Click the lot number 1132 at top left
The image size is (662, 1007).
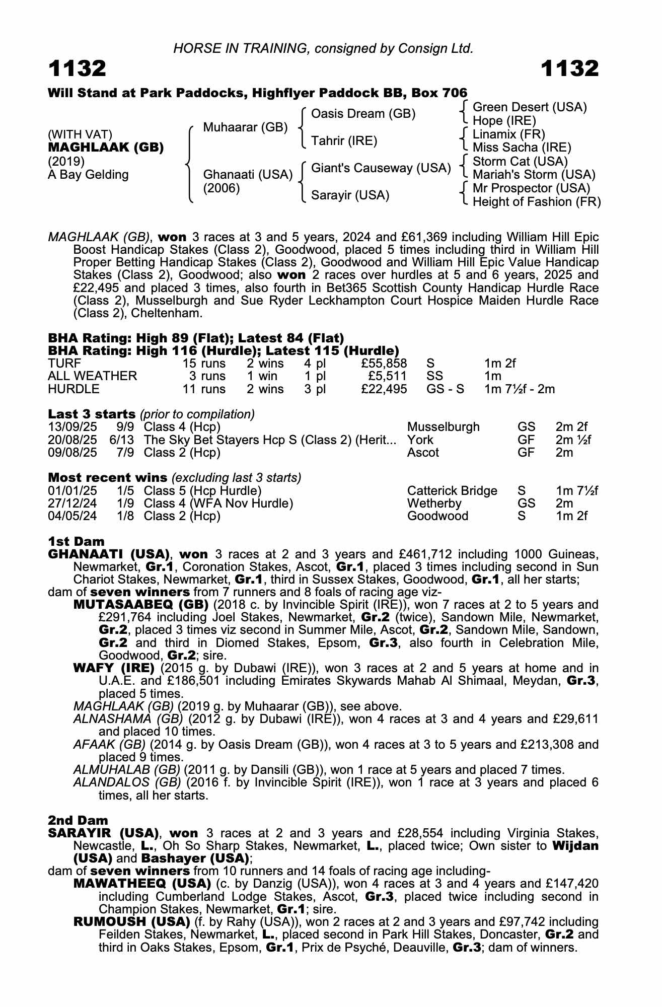77,68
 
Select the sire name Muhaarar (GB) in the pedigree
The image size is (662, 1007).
245,127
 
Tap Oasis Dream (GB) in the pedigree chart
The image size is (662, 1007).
363,114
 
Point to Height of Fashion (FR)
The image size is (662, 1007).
536,202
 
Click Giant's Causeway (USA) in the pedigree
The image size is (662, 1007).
381,168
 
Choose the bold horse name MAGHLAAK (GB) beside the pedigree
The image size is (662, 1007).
105,148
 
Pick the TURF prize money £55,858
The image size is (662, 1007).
384,364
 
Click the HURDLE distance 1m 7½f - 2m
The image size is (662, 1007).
519,389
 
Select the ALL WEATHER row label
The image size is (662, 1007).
92,376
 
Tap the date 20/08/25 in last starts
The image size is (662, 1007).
72,440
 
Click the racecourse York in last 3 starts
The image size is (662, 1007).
420,440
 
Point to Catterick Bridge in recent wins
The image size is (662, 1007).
452,491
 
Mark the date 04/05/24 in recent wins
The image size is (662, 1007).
72,516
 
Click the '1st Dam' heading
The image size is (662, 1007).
76,541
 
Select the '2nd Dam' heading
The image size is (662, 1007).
78,821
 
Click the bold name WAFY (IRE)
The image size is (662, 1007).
113,668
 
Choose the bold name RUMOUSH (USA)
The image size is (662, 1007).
131,922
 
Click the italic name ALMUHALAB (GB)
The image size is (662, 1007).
126,770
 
